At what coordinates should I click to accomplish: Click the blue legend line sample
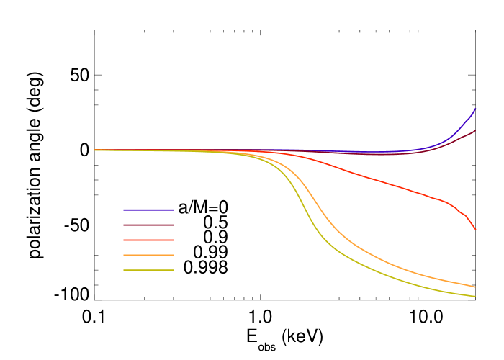click(148, 210)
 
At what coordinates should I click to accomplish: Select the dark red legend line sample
click(148, 225)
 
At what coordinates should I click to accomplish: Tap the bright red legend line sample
click(148, 240)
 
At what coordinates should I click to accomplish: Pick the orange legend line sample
click(148, 255)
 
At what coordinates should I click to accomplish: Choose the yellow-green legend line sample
click(148, 270)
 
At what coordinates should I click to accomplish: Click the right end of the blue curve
click(475, 109)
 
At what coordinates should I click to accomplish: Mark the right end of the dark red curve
click(475, 130)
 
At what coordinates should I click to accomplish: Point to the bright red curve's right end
click(475, 229)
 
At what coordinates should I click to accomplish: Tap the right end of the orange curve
click(475, 287)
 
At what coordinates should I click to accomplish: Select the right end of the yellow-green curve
click(475, 296)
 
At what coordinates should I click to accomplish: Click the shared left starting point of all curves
click(95, 150)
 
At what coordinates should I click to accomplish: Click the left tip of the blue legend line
click(124, 210)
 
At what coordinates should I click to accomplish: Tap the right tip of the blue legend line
click(173, 210)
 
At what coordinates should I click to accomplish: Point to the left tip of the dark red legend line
click(124, 225)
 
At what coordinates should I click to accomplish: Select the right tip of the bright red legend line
click(173, 240)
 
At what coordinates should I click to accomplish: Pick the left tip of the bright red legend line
click(124, 240)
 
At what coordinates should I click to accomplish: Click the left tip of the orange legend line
click(124, 255)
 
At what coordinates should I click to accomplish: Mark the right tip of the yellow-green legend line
click(173, 270)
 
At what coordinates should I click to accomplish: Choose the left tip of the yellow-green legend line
click(124, 270)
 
